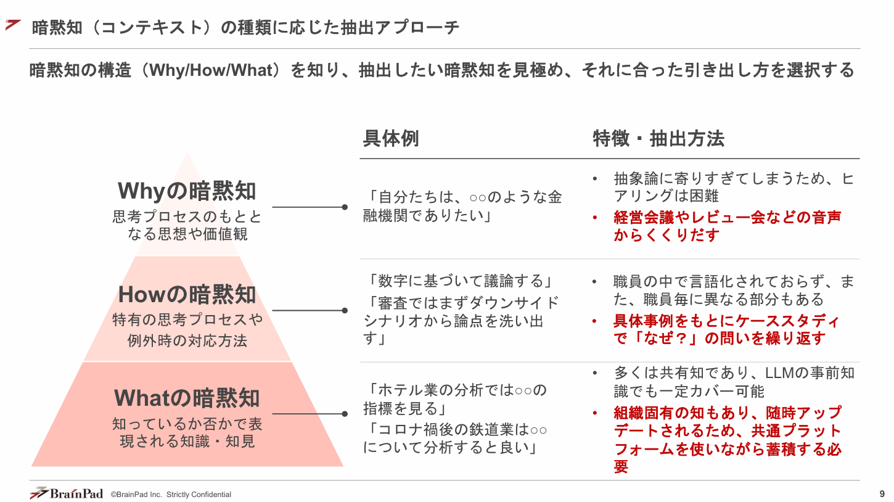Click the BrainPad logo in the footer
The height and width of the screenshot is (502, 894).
point(67,493)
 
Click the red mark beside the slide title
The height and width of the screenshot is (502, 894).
point(13,25)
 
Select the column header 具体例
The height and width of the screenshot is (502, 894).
point(390,139)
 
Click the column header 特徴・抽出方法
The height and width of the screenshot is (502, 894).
point(658,139)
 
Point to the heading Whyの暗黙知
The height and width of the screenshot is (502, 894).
point(187,191)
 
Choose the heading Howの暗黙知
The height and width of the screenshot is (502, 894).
point(187,294)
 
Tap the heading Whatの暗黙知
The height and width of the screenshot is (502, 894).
point(187,398)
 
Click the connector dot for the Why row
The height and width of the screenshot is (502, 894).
point(345,207)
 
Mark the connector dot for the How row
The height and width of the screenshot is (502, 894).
point(345,310)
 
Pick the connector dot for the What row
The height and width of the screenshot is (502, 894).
point(345,414)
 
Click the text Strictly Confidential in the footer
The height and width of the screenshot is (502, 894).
point(199,495)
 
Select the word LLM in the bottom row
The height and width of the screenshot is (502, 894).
point(780,373)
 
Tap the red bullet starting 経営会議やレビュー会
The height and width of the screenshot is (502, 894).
point(727,226)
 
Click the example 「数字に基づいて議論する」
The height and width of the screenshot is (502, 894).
point(458,281)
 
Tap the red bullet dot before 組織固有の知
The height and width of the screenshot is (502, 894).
point(595,413)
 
